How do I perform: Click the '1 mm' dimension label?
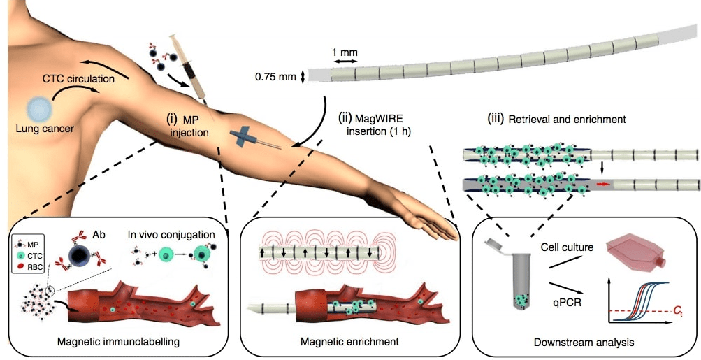click(x=345, y=52)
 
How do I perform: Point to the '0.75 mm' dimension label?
click(x=275, y=77)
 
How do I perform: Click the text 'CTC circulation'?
click(x=78, y=79)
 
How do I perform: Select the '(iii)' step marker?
click(x=496, y=120)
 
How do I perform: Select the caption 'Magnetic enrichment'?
click(x=349, y=342)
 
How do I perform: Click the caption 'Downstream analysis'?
click(x=584, y=343)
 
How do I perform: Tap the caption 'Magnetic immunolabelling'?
click(x=118, y=342)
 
